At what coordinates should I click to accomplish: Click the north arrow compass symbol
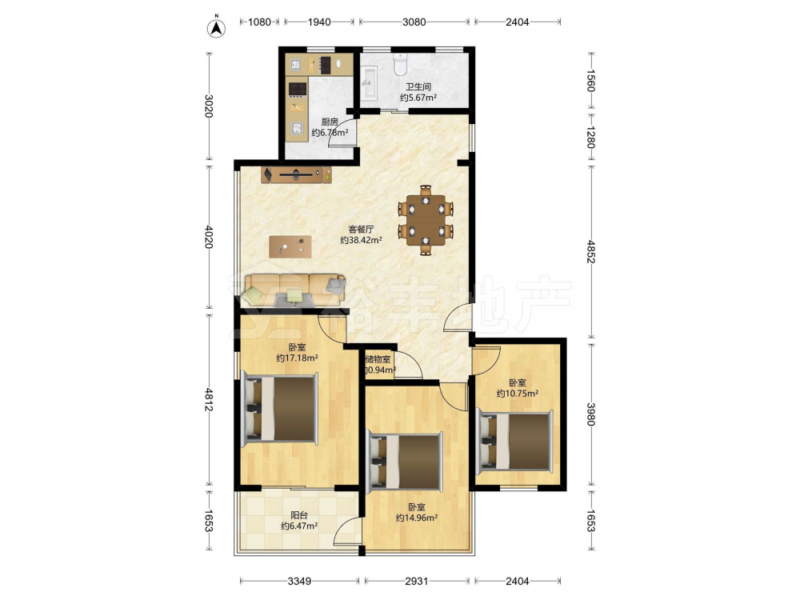(x=216, y=28)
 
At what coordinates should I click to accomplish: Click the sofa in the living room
(x=294, y=290)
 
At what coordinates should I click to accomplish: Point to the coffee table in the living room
(x=290, y=246)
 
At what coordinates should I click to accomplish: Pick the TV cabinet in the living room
(x=297, y=174)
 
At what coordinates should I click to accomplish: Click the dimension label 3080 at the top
(x=414, y=22)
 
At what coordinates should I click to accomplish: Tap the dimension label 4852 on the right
(x=591, y=251)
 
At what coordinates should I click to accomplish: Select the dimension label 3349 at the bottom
(x=299, y=581)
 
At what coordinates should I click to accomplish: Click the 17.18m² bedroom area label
(x=298, y=358)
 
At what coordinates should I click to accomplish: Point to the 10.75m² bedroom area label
(x=518, y=394)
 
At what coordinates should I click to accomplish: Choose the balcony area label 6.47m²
(x=299, y=526)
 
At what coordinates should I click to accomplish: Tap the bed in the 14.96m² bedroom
(x=405, y=462)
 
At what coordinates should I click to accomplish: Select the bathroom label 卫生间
(x=418, y=86)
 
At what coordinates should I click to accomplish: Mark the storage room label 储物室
(x=378, y=359)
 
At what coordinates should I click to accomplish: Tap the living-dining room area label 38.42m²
(x=362, y=240)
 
